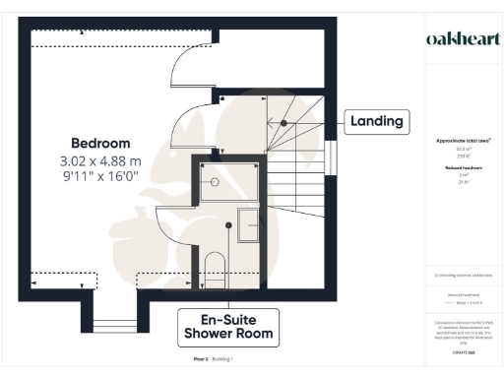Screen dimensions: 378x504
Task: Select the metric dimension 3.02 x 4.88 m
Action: coord(100,160)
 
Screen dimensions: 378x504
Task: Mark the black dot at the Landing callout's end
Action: coord(284,122)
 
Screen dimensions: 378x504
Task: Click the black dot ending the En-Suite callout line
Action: coord(228,224)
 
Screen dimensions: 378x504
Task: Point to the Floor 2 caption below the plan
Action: coord(201,359)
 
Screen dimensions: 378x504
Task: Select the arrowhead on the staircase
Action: coord(270,122)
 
